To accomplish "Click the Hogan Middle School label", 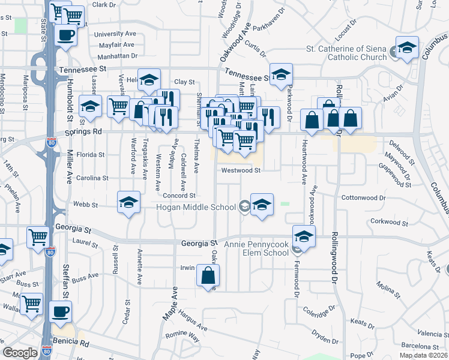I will pos(196,208).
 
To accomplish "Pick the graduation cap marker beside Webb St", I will pos(128,203).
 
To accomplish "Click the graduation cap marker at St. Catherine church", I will pos(407,47).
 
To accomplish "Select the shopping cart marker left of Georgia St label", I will pos(38,238).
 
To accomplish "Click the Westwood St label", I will pos(241,170).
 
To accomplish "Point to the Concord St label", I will pos(179,196).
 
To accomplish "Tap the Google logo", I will pos(20,353).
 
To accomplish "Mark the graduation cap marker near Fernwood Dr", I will pos(304,236).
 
